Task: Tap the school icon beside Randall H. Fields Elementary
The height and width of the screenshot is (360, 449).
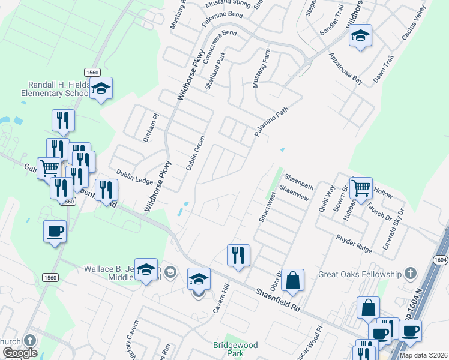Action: click(x=101, y=90)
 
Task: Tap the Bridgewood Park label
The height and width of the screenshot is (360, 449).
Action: click(x=235, y=349)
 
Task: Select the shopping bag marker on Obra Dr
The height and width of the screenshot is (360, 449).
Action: click(x=292, y=281)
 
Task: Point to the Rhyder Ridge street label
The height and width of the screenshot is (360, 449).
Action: click(x=354, y=241)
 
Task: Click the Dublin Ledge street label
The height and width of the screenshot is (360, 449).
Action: click(x=134, y=176)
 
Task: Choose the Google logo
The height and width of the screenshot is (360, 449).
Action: click(x=20, y=353)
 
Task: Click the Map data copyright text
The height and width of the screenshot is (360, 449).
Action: click(x=423, y=355)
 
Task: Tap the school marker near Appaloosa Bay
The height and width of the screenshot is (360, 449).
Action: click(x=360, y=37)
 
